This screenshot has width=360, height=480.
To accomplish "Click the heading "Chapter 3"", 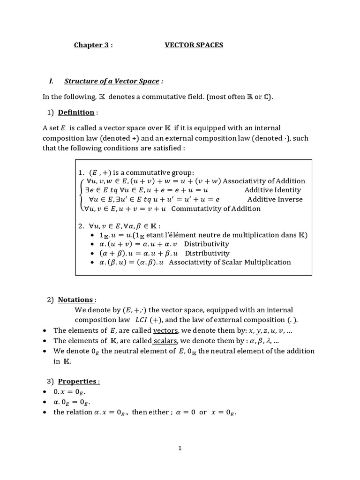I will [91, 45].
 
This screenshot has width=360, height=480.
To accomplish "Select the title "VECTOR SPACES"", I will [194, 45].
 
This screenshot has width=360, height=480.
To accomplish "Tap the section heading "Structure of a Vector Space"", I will [112, 81].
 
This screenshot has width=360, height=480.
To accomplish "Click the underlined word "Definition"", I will [76, 112].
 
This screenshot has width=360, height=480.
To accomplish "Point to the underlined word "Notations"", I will [75, 300].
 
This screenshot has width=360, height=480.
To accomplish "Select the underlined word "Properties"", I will [78, 381].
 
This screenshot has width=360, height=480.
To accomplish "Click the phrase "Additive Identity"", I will [273, 190].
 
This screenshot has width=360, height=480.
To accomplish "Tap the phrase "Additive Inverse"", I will [275, 199].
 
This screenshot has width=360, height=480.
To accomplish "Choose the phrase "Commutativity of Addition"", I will [216, 209].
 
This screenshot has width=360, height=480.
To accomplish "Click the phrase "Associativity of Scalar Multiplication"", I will [230, 262].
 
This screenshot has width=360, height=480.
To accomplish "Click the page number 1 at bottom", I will [180, 448].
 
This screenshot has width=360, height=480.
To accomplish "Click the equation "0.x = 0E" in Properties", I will [70, 392].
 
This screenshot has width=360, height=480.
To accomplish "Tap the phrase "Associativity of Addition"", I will [264, 181].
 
